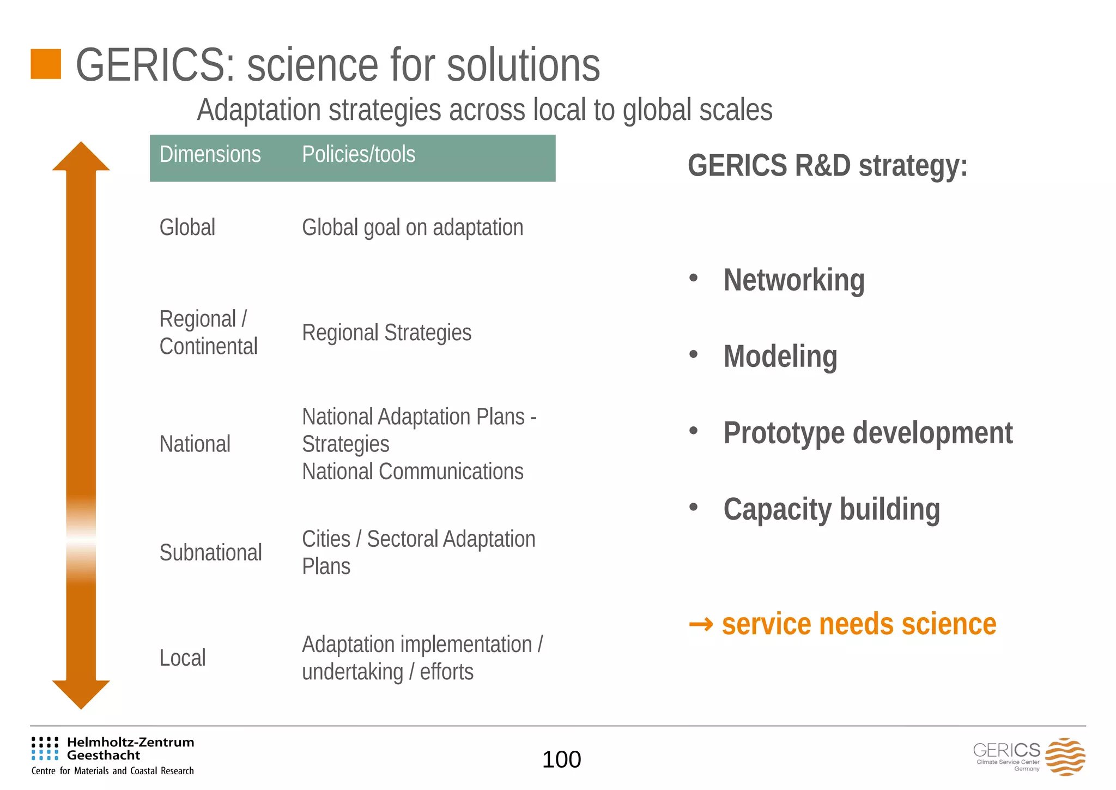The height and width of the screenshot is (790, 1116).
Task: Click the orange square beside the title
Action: point(46,64)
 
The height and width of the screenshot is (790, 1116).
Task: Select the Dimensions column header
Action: point(210,155)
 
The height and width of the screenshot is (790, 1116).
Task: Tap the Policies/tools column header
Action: point(359,155)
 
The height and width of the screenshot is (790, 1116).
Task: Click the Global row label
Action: point(187,227)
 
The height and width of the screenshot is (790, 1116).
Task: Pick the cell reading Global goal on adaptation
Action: point(413,227)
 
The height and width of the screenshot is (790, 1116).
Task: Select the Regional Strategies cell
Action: point(386,333)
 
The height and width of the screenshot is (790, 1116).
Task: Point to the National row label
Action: point(195,444)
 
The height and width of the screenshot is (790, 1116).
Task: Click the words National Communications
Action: point(413,472)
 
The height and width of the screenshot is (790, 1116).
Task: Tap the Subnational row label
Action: point(210,553)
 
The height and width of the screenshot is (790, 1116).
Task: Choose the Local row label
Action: point(182,658)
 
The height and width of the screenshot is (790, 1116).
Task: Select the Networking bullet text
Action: point(793,280)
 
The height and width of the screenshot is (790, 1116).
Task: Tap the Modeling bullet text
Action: point(780,357)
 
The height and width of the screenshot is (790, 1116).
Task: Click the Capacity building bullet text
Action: point(831,509)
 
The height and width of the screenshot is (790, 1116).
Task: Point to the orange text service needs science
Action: point(858,624)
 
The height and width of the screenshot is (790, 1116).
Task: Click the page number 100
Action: point(561,759)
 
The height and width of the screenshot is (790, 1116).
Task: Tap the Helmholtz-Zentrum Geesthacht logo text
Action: point(130,749)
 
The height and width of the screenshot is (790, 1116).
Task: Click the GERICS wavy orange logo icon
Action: point(1065,757)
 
